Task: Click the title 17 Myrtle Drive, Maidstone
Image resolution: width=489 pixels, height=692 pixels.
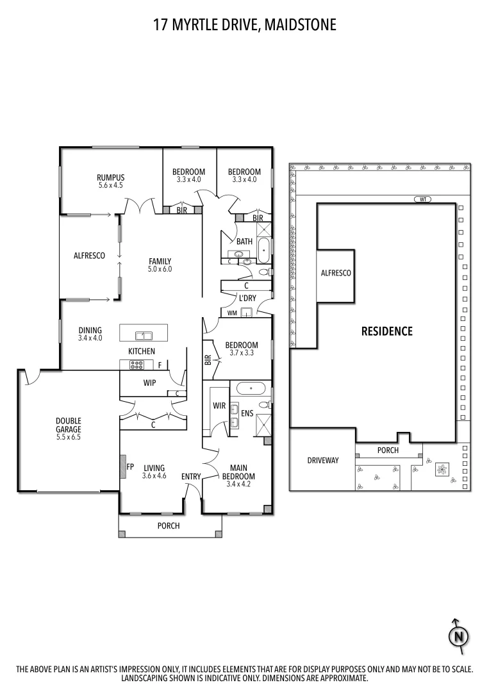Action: coord(244,25)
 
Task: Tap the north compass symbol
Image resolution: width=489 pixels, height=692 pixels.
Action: coord(458,636)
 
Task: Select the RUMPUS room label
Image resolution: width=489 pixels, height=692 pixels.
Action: coord(110,177)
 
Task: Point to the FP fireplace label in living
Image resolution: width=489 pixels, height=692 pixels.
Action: coord(129,467)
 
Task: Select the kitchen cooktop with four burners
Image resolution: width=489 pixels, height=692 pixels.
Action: coord(137,365)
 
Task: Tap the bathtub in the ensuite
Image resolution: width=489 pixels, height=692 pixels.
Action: coord(251,388)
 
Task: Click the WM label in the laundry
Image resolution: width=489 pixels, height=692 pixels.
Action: coord(233,313)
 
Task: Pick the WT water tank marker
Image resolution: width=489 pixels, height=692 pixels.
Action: coord(422,199)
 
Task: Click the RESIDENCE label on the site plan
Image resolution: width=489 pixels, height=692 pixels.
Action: coord(386,331)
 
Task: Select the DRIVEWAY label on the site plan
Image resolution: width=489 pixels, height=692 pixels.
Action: coord(322,460)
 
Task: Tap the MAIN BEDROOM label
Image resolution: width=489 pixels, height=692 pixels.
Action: coord(238,472)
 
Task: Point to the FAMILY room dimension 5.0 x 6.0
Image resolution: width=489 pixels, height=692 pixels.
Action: coord(160,269)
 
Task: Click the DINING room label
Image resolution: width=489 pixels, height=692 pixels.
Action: coord(90,331)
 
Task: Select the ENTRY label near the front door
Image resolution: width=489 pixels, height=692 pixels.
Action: coord(190,476)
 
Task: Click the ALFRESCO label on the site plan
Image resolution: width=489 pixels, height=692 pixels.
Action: coord(336,273)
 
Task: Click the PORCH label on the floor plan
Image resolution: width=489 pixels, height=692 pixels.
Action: coord(169,525)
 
